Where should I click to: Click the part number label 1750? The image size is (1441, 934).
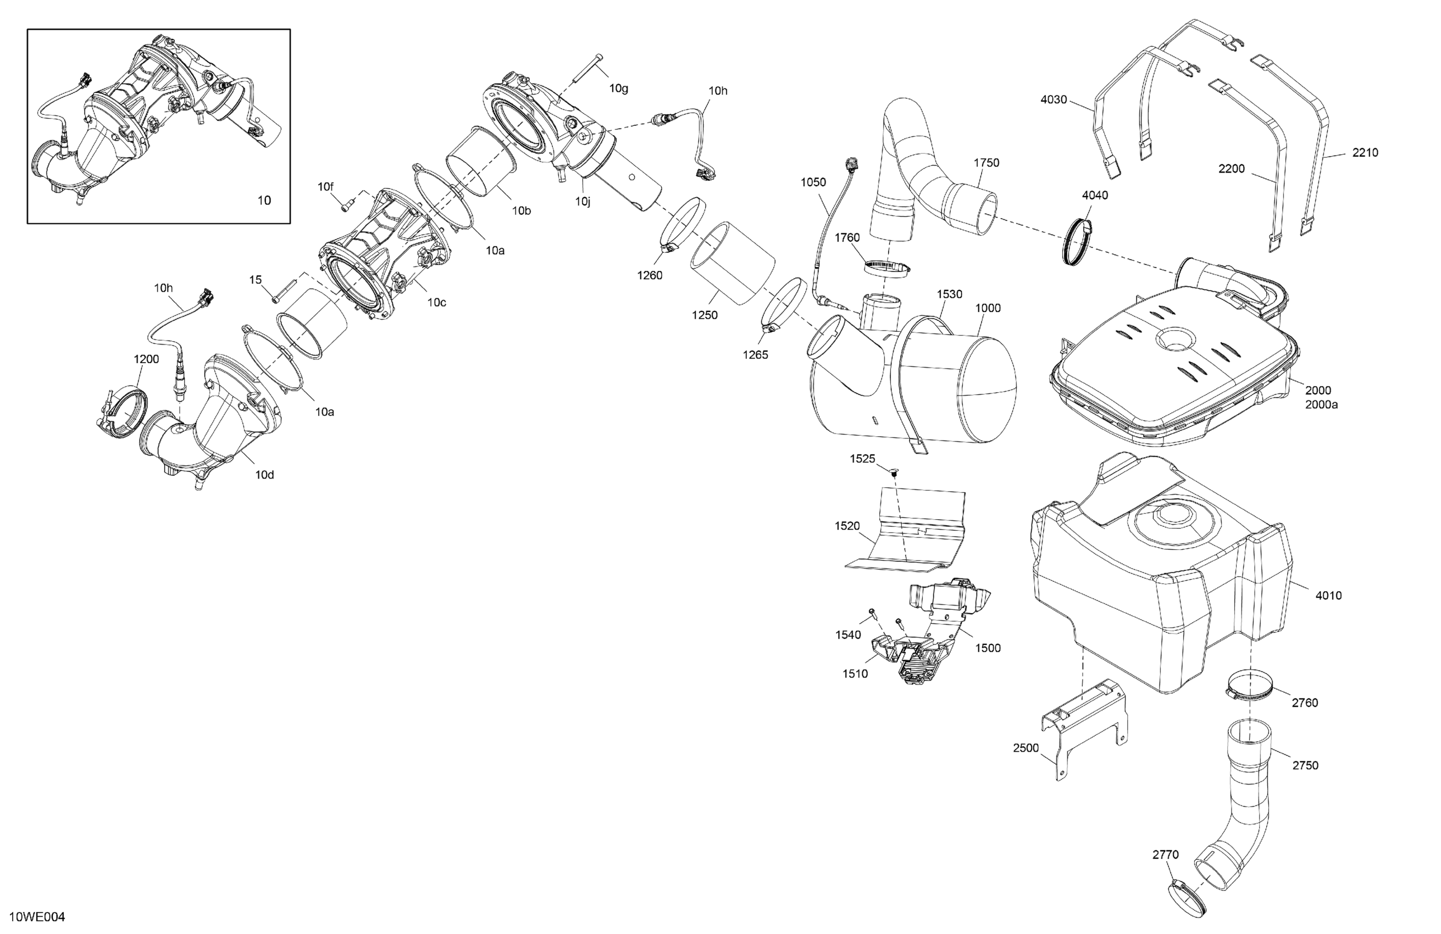986,163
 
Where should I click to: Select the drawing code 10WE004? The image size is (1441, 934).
37,917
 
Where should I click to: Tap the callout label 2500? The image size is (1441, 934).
1026,748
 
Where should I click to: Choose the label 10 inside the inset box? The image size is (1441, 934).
264,201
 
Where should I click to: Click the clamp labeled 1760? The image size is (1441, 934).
887,266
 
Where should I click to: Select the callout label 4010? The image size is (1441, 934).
1328,596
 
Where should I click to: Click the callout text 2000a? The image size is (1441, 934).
1321,404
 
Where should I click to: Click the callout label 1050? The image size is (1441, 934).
813,182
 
